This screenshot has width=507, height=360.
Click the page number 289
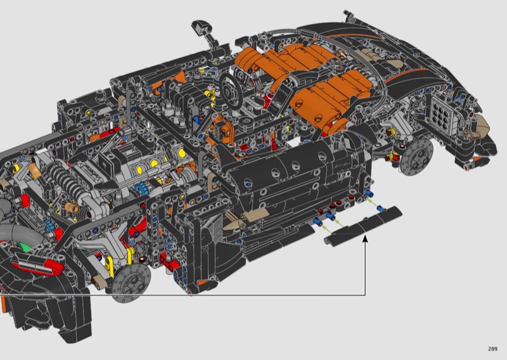click(492, 349)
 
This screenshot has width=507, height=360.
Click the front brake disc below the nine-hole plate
click(416, 157)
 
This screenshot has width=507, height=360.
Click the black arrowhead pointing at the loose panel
click(366, 239)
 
